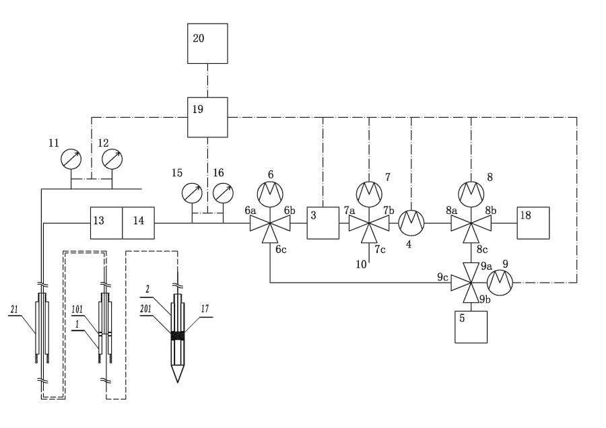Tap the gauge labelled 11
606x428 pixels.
pyautogui.click(x=71, y=159)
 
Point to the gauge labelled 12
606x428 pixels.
pyautogui.click(x=112, y=159)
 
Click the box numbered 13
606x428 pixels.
pyautogui.click(x=106, y=222)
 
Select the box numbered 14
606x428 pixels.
pyautogui.click(x=138, y=222)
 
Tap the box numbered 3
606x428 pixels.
pyautogui.click(x=323, y=222)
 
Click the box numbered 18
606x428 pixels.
pyautogui.click(x=533, y=222)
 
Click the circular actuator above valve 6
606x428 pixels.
pyautogui.click(x=271, y=193)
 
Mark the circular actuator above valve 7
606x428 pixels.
pyautogui.click(x=369, y=193)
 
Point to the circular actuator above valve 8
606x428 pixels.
pyautogui.click(x=471, y=193)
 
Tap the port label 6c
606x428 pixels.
pyautogui.click(x=282, y=248)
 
